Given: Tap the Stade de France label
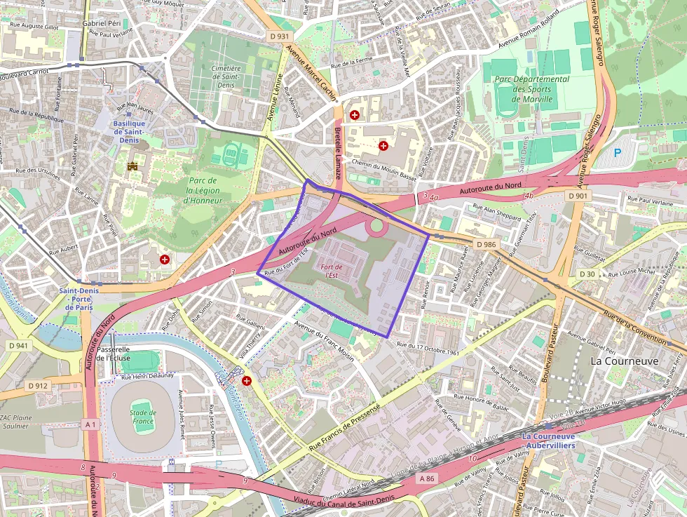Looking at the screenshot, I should pos(142,417).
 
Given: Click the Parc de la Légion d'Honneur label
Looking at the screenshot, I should pos(202,190).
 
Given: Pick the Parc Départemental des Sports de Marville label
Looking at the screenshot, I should pos(531,89).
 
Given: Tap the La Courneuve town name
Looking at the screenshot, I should pos(624,361).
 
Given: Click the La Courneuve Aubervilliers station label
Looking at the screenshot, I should pos(548,441).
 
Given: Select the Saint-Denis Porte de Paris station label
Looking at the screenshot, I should pos(79,299).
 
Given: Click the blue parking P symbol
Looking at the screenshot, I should pos(617,152).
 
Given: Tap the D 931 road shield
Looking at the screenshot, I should pos(279,36).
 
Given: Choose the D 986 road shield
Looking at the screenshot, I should pos(485,244).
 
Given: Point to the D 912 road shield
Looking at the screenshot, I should pos(38,386).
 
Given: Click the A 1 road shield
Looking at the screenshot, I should pos(90,424).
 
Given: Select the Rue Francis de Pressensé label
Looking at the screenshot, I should pos(344,425).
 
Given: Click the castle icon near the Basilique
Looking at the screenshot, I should pos(132,166).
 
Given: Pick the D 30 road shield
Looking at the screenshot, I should pos(587,274).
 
